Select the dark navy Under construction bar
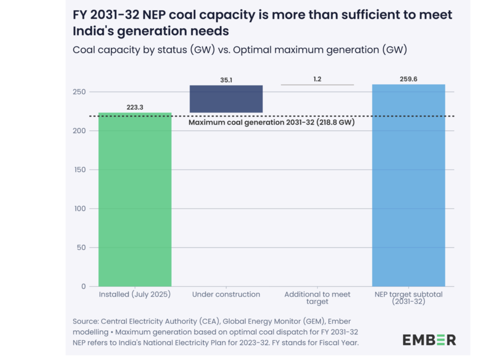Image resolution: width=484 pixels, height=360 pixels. tap(226, 99)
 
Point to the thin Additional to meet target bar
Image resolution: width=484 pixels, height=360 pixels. tap(317, 85)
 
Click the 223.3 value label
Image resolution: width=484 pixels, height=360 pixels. tap(135, 107)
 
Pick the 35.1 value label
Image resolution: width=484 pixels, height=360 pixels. tap(226, 80)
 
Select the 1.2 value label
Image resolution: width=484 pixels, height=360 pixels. tap(317, 79)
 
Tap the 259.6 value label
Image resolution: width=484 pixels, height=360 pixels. tap(408, 79)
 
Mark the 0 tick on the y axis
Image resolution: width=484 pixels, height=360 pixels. tap(83, 286)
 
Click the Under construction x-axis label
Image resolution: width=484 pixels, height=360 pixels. tap(226, 294)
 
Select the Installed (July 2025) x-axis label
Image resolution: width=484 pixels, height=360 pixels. tap(135, 294)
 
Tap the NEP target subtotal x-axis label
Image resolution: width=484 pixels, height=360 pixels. tap(408, 298)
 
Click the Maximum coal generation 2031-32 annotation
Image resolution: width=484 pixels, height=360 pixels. tap(271, 122)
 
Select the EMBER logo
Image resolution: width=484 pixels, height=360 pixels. tap(429, 339)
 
